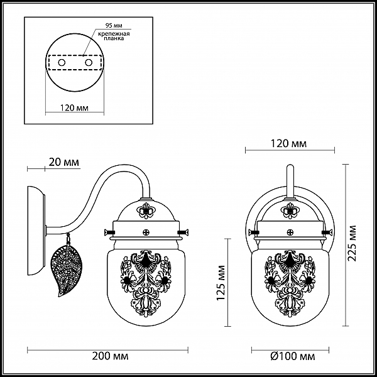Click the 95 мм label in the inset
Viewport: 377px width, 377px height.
coord(114,25)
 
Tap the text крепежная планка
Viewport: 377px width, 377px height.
coord(114,36)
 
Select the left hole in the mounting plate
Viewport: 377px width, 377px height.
coord(62,63)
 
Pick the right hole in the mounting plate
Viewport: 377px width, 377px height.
coord(89,63)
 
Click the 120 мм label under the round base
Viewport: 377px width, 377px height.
coord(74,107)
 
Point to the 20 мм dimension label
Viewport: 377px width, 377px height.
coord(63,162)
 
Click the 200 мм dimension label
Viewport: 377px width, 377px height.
coord(110,356)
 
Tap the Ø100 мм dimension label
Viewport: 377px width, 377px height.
coord(293,356)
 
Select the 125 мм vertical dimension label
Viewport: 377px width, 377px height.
coord(221,283)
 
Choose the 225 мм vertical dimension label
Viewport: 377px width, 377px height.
coord(352,243)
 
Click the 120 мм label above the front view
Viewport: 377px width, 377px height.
coord(289,143)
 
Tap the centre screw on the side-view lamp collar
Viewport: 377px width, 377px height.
coord(146,232)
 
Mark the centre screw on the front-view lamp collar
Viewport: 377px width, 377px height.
coord(290,232)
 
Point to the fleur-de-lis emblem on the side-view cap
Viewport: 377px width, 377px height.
coord(146,210)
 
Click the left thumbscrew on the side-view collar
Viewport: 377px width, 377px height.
coord(109,232)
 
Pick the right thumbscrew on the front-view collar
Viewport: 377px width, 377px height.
coord(327,232)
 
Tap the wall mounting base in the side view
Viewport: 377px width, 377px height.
coord(36,231)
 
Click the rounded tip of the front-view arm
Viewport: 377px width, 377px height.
coord(290,167)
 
